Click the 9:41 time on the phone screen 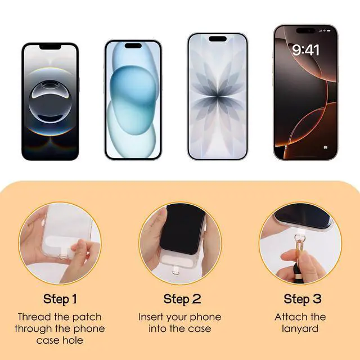[305, 50]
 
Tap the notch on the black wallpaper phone [50, 47]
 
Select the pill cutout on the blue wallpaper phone [133, 46]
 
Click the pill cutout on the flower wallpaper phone [218, 39]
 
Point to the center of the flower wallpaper [218, 96]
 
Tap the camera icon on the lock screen [326, 147]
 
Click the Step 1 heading [60, 299]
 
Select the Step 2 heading [182, 299]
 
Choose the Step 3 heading [303, 299]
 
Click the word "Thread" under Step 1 [34, 317]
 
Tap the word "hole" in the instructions [74, 340]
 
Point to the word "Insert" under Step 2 [151, 317]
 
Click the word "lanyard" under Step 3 [300, 329]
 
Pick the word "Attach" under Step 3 [290, 317]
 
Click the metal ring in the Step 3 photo [298, 237]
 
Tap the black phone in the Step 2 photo [182, 229]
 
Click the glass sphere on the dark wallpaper [50, 102]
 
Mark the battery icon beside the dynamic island [328, 30]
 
